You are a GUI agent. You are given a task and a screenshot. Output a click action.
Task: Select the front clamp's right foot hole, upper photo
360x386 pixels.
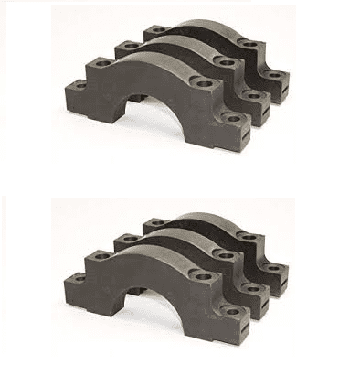click(228, 118)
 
